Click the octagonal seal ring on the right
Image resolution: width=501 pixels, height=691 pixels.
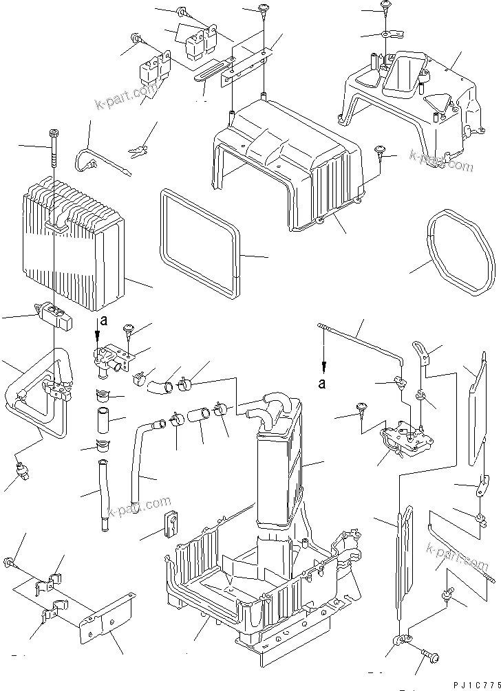click(460, 254)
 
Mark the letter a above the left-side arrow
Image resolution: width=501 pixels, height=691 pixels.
click(103, 320)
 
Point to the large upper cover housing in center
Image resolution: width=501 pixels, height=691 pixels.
click(289, 158)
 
